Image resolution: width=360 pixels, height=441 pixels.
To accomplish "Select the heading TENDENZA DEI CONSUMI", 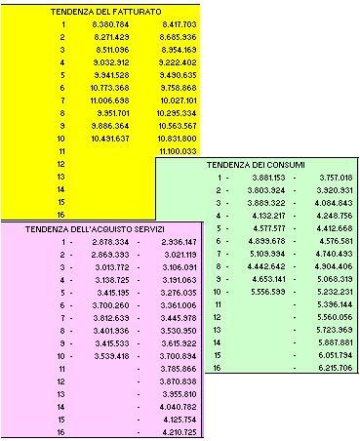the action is [x=255, y=165].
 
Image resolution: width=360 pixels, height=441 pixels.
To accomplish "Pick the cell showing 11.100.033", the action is [x=176, y=151].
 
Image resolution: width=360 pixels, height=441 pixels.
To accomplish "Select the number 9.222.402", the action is [x=176, y=61].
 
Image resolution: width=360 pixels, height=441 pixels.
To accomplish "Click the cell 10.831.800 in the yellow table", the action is [x=176, y=139].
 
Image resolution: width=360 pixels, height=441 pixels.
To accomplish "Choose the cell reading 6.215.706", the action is [x=334, y=368].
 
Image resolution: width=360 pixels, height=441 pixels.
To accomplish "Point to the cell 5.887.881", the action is [x=334, y=342].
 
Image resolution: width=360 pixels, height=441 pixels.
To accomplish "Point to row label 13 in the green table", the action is [x=219, y=330].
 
